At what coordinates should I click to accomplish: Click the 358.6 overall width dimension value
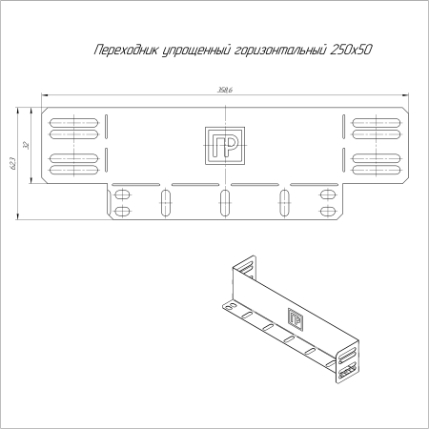(x=226, y=91)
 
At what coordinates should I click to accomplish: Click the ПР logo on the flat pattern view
(x=225, y=145)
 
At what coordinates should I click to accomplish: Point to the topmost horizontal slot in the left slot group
(x=73, y=121)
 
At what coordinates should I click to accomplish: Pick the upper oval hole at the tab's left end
(x=122, y=194)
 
